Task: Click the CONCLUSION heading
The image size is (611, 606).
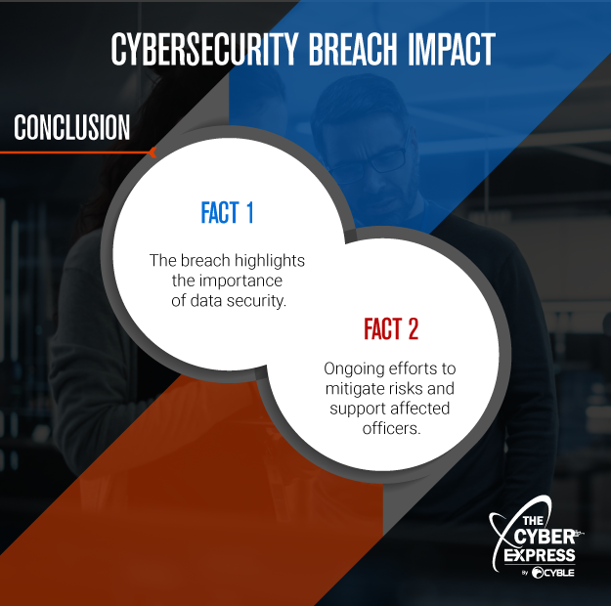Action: tap(71, 128)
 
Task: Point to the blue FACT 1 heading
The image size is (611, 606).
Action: tap(227, 213)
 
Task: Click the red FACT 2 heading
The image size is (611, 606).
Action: tap(390, 329)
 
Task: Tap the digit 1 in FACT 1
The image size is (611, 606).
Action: tap(249, 213)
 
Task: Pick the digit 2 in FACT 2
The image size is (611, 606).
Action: tap(413, 329)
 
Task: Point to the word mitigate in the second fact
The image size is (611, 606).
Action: tap(354, 389)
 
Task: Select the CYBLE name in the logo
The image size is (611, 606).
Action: tap(560, 573)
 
